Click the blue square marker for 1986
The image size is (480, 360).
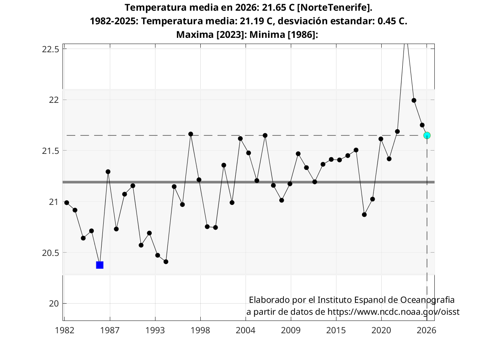click(100, 265)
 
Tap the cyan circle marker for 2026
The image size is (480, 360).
click(427, 135)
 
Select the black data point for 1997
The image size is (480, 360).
click(190, 134)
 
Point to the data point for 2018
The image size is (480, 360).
click(364, 215)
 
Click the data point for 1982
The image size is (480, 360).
click(67, 202)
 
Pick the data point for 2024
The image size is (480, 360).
click(414, 100)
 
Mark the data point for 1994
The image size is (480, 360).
click(166, 262)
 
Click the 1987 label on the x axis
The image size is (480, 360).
click(110, 330)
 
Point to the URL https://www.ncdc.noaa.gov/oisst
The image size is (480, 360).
click(393, 312)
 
